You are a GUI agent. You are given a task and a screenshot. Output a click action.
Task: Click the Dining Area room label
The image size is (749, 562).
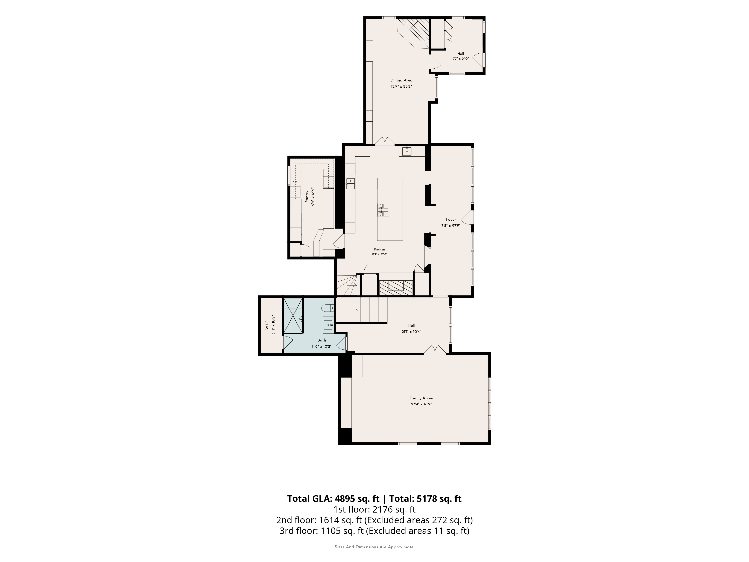coord(401,80)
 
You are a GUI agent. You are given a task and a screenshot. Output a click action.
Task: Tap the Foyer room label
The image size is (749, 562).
coord(451,220)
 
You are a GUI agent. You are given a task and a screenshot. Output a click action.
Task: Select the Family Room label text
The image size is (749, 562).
coord(421,398)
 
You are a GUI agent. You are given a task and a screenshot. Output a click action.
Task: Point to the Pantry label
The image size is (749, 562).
coord(307,197)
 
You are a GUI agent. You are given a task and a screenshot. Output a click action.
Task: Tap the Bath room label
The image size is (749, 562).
coord(322,340)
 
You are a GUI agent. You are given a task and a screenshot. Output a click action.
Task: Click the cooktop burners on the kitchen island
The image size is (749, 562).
coord(383,210)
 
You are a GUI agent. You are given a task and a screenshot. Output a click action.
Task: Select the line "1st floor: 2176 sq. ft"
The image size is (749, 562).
coord(374,509)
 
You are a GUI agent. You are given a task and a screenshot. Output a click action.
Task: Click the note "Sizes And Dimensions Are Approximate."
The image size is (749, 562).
coord(374,547)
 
